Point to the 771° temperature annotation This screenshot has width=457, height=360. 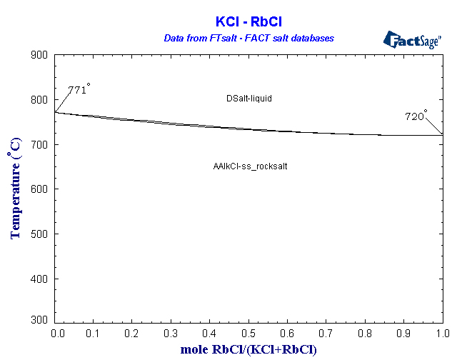79,90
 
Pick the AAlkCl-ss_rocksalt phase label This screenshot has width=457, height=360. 250,166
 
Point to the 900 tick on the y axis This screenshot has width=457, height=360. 40,56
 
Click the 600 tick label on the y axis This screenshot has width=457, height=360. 40,189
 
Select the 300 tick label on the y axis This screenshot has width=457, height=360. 40,323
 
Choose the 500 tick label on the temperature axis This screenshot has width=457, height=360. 40,234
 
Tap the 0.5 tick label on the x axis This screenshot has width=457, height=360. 248,334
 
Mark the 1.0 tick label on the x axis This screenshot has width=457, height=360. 442,334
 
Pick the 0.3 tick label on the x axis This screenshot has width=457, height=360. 171,334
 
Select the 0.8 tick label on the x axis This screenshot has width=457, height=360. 365,334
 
